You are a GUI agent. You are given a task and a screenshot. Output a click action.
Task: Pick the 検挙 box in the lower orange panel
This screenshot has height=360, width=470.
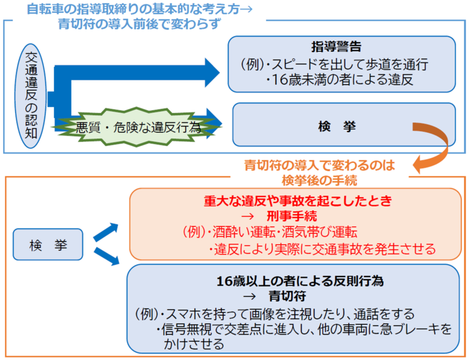click(47, 245)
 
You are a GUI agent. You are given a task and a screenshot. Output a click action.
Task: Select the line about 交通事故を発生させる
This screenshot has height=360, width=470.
click(322, 249)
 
